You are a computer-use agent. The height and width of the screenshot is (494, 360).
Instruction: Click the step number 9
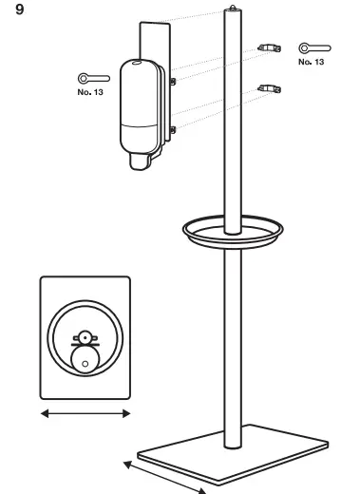tap(20, 13)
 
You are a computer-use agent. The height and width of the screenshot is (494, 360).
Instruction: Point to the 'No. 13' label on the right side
tap(311, 61)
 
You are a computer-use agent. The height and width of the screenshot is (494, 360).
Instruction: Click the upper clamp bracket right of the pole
tap(270, 47)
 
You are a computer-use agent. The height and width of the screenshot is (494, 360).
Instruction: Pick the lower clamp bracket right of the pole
tap(270, 88)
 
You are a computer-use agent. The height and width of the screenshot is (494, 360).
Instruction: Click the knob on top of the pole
tap(231, 9)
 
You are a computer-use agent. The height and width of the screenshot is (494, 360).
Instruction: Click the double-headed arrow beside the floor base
tap(163, 475)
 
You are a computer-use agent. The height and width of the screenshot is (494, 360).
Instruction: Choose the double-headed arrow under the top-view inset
tap(85, 413)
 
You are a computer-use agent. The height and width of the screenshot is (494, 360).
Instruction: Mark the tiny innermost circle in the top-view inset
tap(85, 364)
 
